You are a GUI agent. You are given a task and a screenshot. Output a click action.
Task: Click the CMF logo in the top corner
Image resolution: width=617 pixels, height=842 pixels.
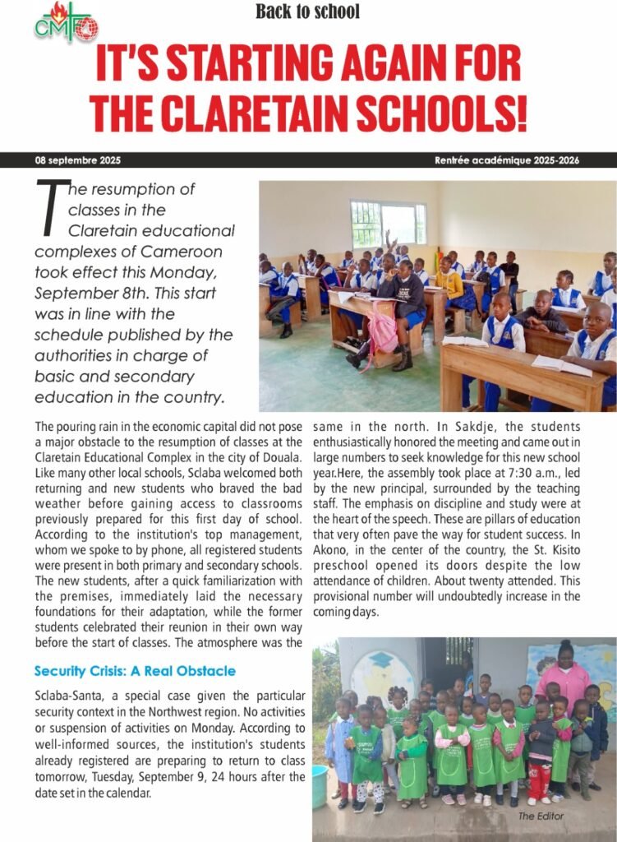click(x=66, y=23)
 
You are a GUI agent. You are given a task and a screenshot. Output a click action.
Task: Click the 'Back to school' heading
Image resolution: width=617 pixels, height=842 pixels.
click(x=307, y=12)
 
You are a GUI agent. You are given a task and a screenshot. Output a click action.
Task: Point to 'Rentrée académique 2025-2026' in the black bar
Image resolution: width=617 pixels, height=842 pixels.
click(x=507, y=160)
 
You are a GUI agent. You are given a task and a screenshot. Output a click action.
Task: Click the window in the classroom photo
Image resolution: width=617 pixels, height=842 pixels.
click(x=388, y=224)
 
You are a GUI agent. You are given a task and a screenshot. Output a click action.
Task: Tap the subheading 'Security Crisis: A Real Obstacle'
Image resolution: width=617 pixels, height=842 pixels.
click(x=135, y=671)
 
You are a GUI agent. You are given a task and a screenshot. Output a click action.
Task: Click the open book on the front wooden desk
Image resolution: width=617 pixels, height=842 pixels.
click(x=562, y=364)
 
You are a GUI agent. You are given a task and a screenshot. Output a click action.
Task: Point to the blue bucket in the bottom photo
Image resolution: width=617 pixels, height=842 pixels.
click(x=320, y=787)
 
